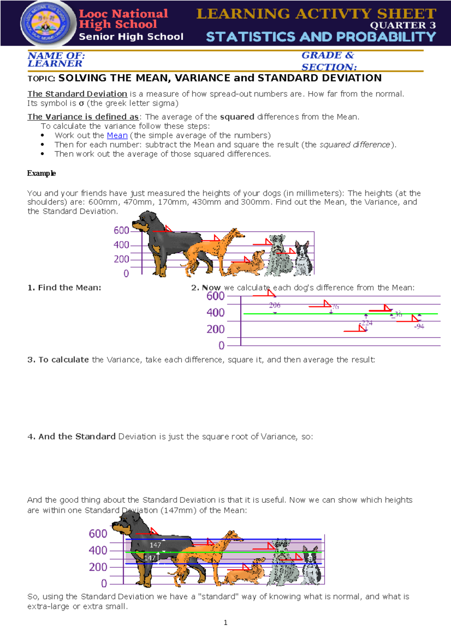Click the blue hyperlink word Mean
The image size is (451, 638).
click(x=117, y=135)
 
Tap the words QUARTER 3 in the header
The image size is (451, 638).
click(x=403, y=26)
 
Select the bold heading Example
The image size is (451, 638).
click(x=41, y=173)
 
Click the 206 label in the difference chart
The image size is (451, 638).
click(x=275, y=305)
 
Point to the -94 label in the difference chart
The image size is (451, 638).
click(x=419, y=327)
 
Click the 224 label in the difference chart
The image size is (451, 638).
click(x=367, y=323)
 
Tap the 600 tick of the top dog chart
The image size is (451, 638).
click(x=121, y=230)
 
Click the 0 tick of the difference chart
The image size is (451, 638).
click(x=221, y=346)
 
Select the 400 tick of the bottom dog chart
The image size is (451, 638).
click(x=98, y=550)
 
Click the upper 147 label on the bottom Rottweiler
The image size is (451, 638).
click(x=155, y=545)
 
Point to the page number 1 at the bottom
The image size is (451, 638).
click(x=225, y=623)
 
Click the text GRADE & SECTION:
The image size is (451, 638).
click(x=329, y=61)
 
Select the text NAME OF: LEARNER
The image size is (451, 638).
click(x=56, y=60)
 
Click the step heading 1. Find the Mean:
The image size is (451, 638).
click(x=64, y=287)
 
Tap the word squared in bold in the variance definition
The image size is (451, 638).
click(x=237, y=117)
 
